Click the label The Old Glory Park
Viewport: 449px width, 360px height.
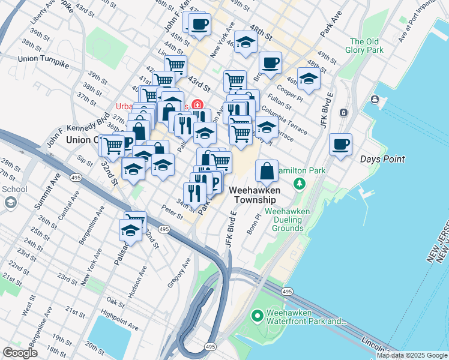tap(367, 46)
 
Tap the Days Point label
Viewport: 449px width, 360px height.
tap(382, 159)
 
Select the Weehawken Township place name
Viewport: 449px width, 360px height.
tap(254, 194)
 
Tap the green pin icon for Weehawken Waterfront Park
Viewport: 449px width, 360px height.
tap(258, 314)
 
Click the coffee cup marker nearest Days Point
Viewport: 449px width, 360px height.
tap(341, 145)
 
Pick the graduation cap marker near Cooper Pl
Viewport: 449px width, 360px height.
tap(309, 79)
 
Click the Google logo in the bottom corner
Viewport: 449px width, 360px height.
tap(20, 353)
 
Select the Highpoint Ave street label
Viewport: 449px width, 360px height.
tap(120, 324)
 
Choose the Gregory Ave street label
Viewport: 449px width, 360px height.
tap(179, 272)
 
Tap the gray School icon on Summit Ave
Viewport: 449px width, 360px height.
tap(10, 202)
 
